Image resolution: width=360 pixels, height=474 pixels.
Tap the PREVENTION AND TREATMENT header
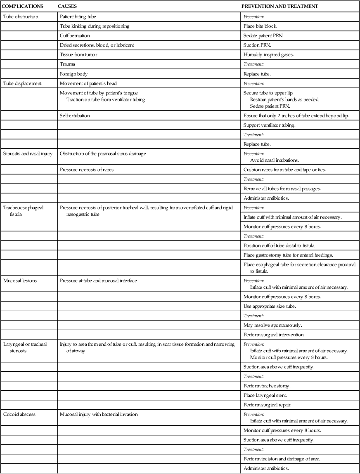click(279, 7)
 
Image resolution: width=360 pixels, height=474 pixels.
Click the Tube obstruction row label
click(21, 17)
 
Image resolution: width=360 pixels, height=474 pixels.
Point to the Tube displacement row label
click(22, 83)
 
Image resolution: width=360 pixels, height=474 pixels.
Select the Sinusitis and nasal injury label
click(28, 154)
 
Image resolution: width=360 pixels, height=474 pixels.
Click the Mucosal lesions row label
click(20, 281)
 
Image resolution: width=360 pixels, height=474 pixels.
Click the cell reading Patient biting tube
click(78, 17)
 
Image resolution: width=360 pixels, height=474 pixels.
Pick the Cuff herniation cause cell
click(75, 36)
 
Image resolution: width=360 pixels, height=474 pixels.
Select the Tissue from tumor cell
click(78, 55)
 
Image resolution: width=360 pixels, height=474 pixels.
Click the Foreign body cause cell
click(73, 74)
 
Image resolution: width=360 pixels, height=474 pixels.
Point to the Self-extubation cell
click(75, 116)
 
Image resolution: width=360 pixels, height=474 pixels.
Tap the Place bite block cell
click(260, 26)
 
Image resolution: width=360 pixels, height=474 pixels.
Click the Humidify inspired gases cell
click(265, 55)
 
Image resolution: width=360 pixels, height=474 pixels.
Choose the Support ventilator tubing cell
click(269, 125)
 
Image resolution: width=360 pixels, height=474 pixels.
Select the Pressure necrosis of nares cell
click(86, 170)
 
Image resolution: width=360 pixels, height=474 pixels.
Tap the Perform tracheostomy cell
click(267, 386)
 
